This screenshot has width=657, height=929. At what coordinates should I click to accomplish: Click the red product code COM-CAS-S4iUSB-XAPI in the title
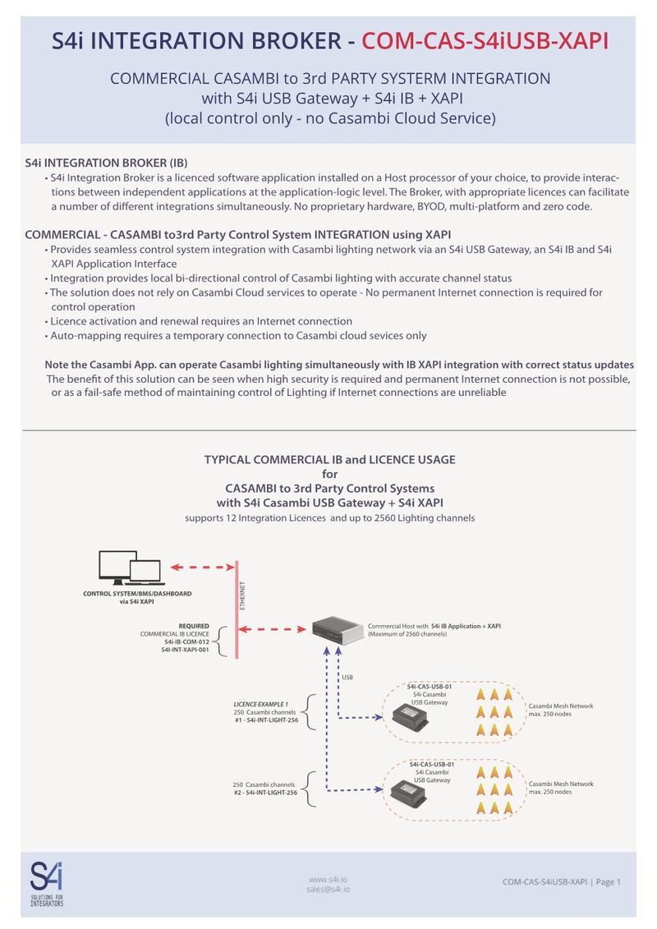(485, 40)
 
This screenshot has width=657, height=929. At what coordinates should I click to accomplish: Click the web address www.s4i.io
(328, 878)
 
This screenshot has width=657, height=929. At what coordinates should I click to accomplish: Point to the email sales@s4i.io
(328, 890)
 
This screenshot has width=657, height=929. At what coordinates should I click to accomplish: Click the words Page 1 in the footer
(609, 882)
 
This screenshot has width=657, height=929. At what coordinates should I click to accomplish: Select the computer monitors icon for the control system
(130, 567)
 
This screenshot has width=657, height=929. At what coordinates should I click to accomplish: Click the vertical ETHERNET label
(242, 596)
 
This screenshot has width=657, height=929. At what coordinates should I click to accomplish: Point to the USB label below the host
(347, 677)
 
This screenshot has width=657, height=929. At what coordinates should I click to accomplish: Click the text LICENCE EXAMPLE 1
(261, 704)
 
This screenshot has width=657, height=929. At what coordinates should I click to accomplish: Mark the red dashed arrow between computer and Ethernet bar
(202, 567)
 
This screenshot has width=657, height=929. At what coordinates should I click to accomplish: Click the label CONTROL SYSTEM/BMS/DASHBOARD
(137, 593)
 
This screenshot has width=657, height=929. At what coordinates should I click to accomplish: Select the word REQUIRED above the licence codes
(194, 626)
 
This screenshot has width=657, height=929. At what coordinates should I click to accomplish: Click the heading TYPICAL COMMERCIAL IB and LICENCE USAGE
(329, 459)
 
